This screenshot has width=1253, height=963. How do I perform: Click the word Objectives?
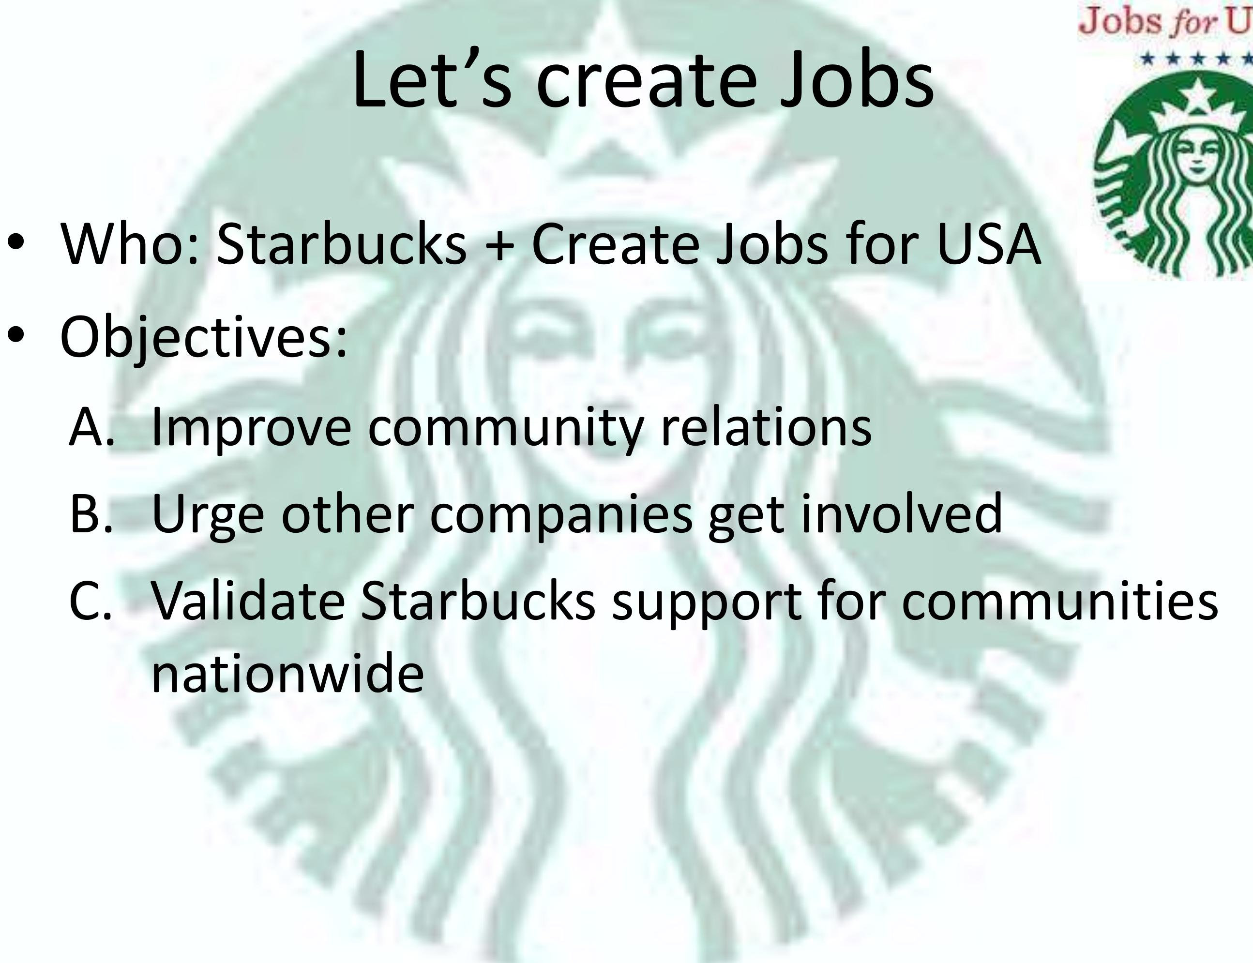[203, 337]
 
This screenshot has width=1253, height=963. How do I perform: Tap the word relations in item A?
[766, 426]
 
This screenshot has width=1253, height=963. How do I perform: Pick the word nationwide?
[287, 673]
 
